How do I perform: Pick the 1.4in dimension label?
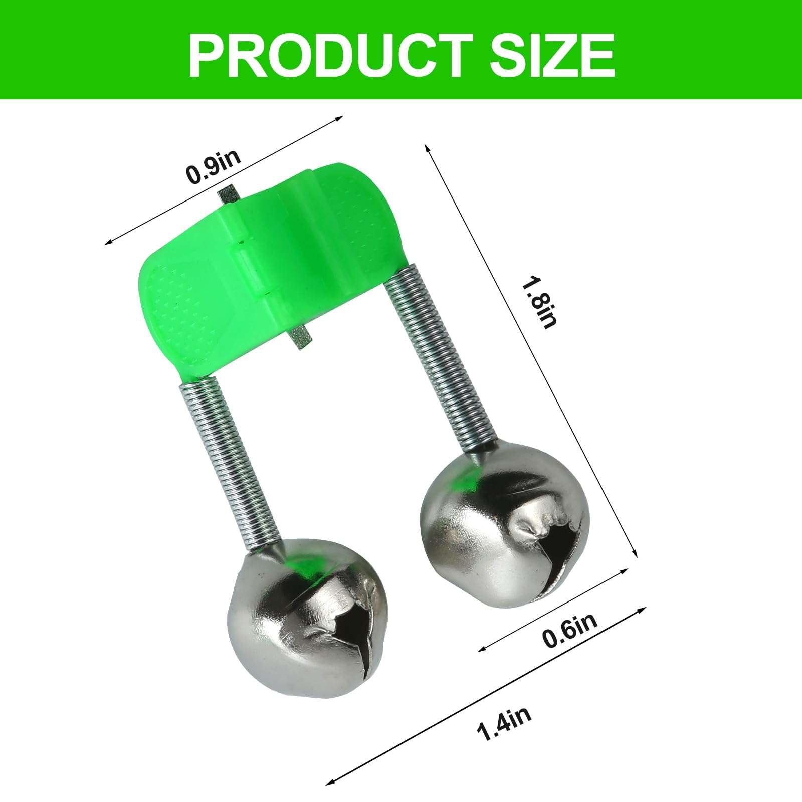coord(504,722)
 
